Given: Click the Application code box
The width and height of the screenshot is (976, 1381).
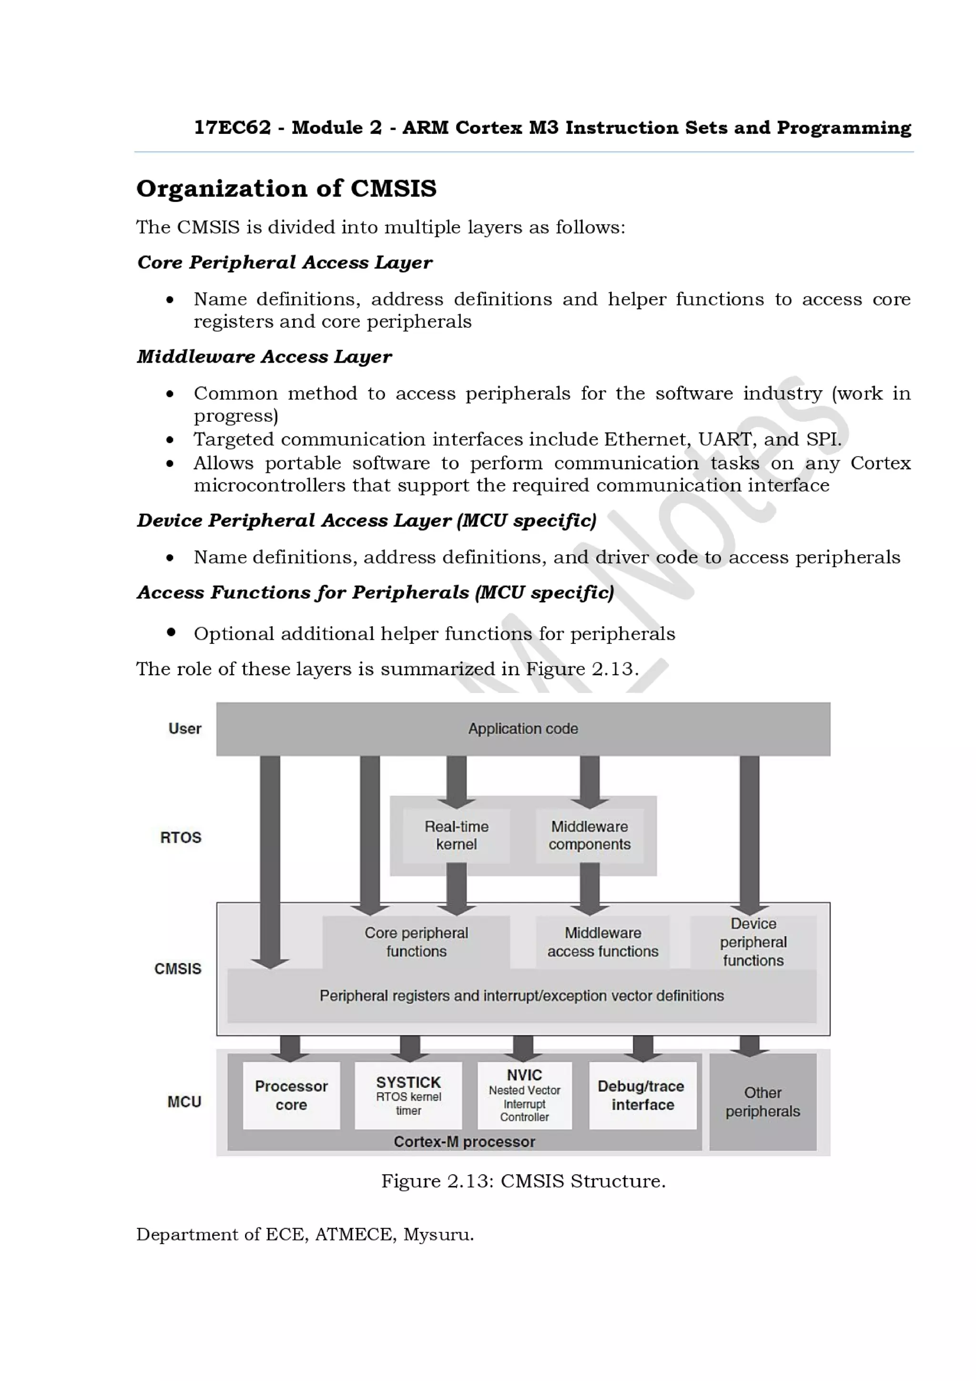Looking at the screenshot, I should click(x=523, y=729).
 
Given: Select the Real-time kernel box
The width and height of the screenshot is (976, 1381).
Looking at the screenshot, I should click(x=457, y=835).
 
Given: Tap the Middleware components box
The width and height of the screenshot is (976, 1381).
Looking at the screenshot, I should click(x=590, y=835).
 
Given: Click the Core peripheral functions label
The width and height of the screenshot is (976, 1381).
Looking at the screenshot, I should click(x=416, y=942).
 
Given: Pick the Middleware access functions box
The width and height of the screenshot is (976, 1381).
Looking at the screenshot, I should click(x=602, y=942).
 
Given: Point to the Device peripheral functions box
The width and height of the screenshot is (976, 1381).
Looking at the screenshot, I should click(x=753, y=942).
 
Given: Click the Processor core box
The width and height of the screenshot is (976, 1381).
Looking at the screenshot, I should click(x=291, y=1095).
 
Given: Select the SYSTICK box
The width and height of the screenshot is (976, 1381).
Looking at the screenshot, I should click(x=408, y=1095).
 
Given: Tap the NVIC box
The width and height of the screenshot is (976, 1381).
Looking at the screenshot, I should click(x=524, y=1095).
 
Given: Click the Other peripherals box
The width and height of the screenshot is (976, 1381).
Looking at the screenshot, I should click(x=762, y=1101).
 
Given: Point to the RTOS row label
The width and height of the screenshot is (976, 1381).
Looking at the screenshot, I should click(x=181, y=837).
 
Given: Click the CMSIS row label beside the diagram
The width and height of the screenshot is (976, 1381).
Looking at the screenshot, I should click(x=178, y=968).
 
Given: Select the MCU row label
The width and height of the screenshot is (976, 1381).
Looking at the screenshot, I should click(x=184, y=1101).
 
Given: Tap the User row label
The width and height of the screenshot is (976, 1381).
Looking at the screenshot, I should click(x=184, y=729).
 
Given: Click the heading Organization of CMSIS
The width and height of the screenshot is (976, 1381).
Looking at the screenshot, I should click(x=286, y=188).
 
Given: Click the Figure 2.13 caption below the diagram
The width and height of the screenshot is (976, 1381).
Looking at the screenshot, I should click(x=523, y=1181).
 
